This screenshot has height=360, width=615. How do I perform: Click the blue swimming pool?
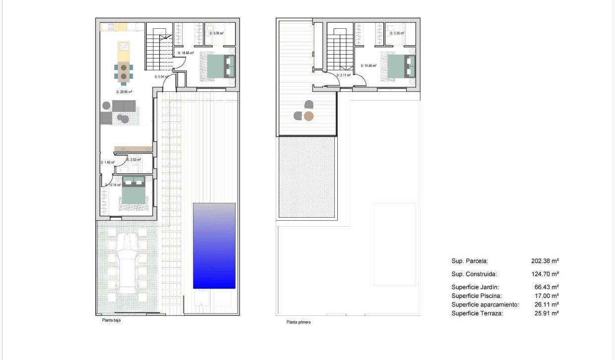click(x=214, y=245)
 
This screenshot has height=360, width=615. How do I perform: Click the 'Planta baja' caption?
click(x=108, y=320)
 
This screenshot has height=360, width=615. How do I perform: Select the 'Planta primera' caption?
click(x=298, y=322)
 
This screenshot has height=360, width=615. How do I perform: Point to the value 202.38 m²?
click(x=545, y=260)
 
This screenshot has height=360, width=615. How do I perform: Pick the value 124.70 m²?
click(x=545, y=274)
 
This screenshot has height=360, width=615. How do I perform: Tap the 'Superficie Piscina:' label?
click(x=477, y=296)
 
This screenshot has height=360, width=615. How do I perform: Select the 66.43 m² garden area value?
click(x=545, y=287)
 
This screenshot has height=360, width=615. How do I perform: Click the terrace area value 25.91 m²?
click(x=545, y=313)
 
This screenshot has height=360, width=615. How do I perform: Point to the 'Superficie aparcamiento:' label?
click(x=485, y=304)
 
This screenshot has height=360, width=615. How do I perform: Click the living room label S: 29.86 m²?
click(x=124, y=92)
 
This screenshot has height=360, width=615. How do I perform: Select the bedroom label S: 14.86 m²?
click(x=368, y=65)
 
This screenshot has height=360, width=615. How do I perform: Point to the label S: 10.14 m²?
click(x=113, y=185)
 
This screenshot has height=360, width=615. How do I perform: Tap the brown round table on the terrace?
click(x=308, y=117)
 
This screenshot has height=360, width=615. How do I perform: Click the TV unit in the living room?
click(x=132, y=149)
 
